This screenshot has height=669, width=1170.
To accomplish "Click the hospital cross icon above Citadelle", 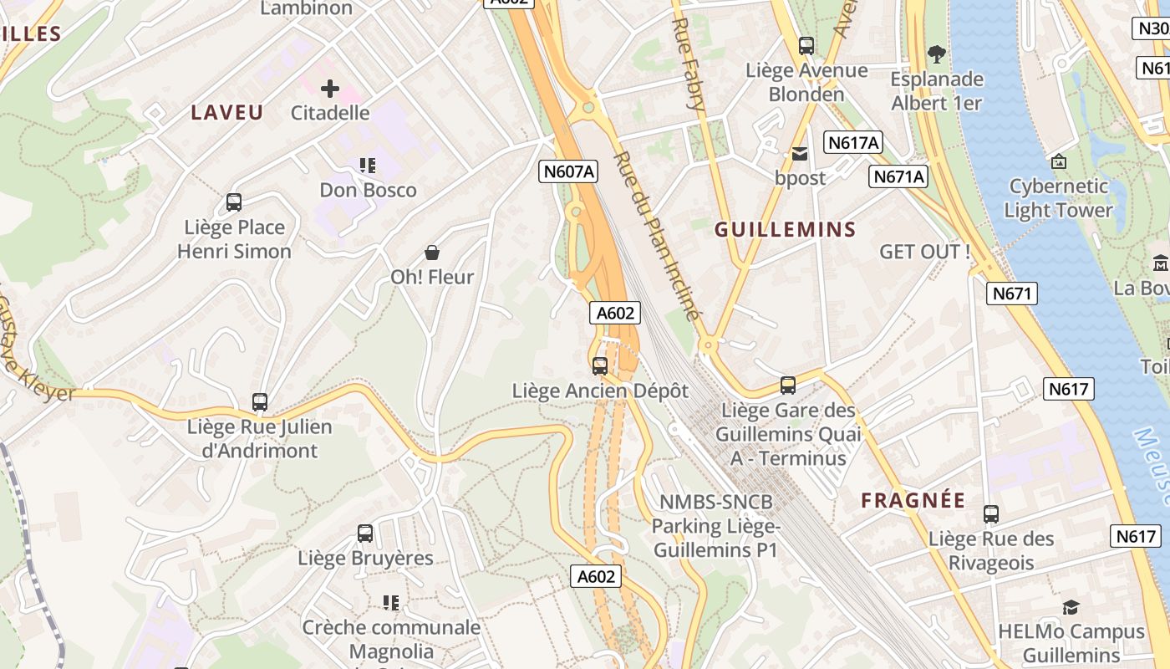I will pyautogui.click(x=330, y=88).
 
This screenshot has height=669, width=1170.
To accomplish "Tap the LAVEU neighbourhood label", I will pyautogui.click(x=227, y=113).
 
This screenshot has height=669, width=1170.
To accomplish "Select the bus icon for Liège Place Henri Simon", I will pyautogui.click(x=234, y=202).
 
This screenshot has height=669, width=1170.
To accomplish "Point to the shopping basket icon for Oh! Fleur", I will pyautogui.click(x=432, y=252).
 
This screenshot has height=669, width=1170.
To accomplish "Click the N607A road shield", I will pyautogui.click(x=569, y=171).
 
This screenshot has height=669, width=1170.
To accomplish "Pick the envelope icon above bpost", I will pyautogui.click(x=800, y=154).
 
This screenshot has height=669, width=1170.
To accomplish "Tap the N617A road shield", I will pyautogui.click(x=853, y=143).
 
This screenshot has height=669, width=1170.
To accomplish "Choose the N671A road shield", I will pyautogui.click(x=899, y=176).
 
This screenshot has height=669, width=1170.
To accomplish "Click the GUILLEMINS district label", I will pyautogui.click(x=786, y=230).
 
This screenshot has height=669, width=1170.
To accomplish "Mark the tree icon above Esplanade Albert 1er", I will pyautogui.click(x=937, y=55).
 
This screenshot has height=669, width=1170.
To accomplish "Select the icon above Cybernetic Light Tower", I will pyautogui.click(x=1059, y=161).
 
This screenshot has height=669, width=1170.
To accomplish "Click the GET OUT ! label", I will pyautogui.click(x=925, y=252).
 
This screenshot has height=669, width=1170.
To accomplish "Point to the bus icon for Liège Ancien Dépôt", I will pyautogui.click(x=600, y=366).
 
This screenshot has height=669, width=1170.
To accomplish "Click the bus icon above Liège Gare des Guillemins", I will pyautogui.click(x=787, y=386).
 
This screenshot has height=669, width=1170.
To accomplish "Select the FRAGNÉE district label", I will pyautogui.click(x=913, y=501).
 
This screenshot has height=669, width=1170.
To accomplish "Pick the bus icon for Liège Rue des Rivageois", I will pyautogui.click(x=991, y=514).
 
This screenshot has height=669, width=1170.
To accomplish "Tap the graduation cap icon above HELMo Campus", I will pyautogui.click(x=1071, y=607).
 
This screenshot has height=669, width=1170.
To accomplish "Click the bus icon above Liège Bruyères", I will pyautogui.click(x=365, y=534).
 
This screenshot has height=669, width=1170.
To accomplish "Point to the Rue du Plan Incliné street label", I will pyautogui.click(x=656, y=236).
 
